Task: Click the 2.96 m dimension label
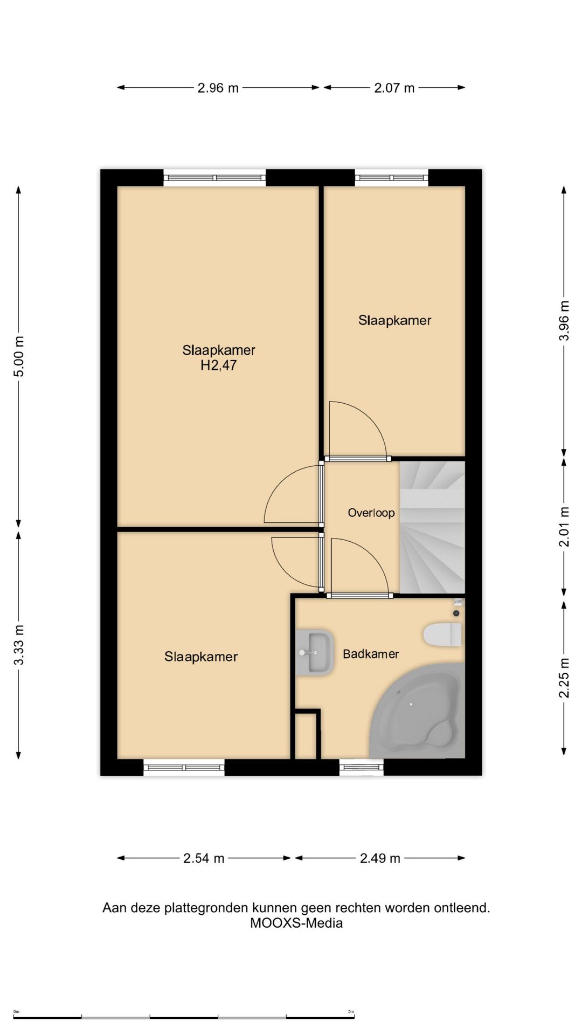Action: (218, 88)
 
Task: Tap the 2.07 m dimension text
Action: (394, 88)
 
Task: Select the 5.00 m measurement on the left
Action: (19, 356)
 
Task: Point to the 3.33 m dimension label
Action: (19, 645)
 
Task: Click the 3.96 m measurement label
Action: (564, 321)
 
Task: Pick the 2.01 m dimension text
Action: (564, 527)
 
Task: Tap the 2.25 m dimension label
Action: (564, 678)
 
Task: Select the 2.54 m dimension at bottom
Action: (204, 858)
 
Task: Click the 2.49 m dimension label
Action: (380, 858)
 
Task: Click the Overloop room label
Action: (371, 513)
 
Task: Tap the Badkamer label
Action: (371, 654)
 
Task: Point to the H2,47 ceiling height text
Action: (218, 365)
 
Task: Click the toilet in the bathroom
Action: (443, 634)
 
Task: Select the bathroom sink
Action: (314, 652)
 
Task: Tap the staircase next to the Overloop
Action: (432, 527)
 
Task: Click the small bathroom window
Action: (361, 767)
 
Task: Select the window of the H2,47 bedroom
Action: (214, 177)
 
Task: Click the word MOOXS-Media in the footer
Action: (296, 923)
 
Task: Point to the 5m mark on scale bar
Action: (351, 1012)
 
